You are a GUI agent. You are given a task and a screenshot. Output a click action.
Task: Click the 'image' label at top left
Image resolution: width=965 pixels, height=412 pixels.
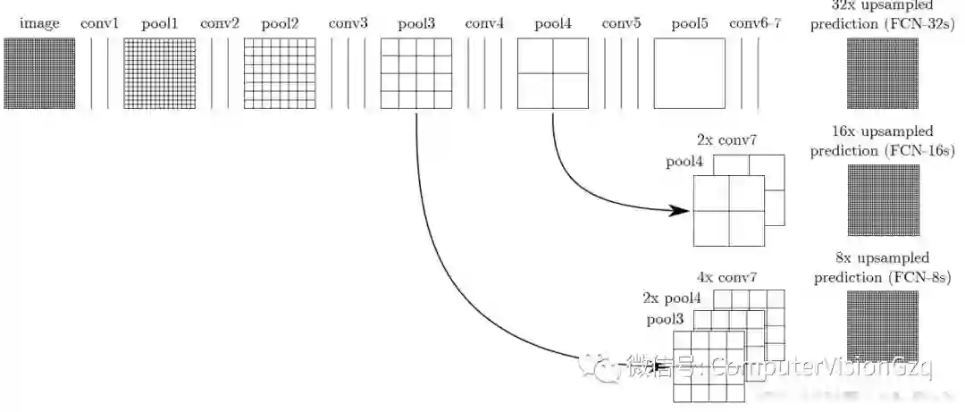[39, 24]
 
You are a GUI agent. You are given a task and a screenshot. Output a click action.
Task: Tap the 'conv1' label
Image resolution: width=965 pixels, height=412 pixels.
[99, 24]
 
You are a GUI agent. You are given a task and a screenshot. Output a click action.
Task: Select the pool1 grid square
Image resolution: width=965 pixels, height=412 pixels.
[159, 74]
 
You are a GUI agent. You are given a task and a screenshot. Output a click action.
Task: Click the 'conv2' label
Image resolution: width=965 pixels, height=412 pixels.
[219, 24]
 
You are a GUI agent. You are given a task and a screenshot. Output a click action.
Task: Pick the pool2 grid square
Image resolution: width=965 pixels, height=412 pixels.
[279, 74]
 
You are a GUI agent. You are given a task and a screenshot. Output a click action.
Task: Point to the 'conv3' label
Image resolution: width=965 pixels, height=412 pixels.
[348, 24]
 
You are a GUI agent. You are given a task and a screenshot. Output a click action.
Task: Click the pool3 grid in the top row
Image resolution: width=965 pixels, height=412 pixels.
[416, 74]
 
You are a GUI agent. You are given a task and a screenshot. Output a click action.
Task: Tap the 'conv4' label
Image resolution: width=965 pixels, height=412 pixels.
[484, 24]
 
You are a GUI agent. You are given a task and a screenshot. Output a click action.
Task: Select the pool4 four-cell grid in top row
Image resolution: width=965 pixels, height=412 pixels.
[553, 74]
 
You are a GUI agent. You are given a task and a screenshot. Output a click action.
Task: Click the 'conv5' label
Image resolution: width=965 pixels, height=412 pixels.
[621, 24]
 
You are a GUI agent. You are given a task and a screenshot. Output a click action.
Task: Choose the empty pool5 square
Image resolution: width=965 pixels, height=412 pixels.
[690, 74]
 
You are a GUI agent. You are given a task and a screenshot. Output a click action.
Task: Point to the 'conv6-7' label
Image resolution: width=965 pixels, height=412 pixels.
[755, 24]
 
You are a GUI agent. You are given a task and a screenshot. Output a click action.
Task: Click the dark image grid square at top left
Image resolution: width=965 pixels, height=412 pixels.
[39, 74]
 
